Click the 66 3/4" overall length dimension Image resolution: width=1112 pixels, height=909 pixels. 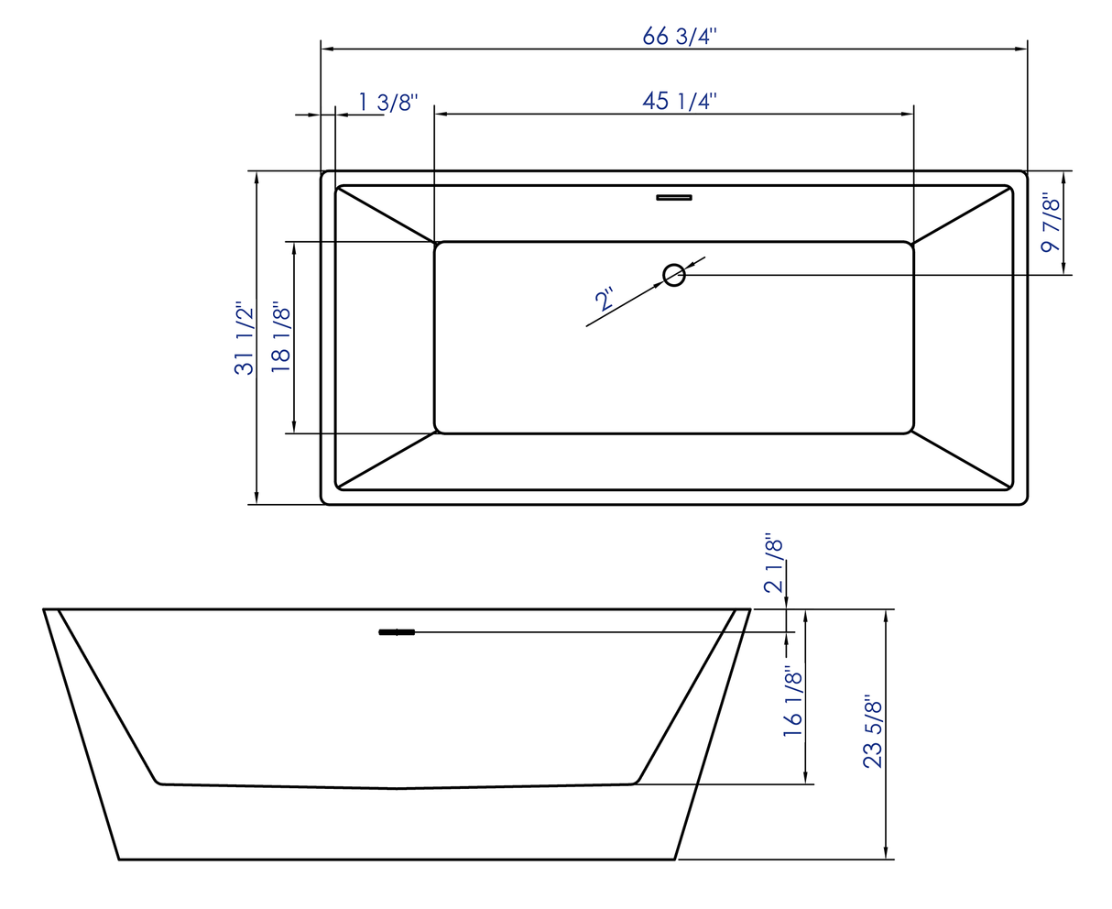click(680, 36)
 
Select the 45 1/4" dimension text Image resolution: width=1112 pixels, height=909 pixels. click(679, 100)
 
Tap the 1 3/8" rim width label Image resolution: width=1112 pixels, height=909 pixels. click(387, 101)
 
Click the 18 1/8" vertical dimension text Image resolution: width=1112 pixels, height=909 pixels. click(281, 337)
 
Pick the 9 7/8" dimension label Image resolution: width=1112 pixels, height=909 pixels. click(1052, 223)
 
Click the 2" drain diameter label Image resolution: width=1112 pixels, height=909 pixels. click(605, 299)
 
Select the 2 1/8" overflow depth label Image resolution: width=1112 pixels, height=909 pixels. click(774, 565)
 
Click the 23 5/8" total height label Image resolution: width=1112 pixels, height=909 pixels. click(873, 733)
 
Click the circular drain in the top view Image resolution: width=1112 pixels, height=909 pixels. click(674, 274)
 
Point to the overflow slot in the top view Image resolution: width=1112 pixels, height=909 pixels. click(674, 196)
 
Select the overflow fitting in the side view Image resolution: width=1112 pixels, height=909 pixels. click(397, 631)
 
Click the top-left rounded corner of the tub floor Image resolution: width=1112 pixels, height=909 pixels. click(440, 246)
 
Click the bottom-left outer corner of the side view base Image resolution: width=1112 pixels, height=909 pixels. click(120, 859)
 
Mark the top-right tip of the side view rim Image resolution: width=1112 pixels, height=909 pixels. click(749, 609)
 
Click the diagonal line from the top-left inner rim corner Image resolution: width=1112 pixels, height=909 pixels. click(386, 214)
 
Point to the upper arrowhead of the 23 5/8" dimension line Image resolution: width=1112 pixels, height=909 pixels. click(886, 616)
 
